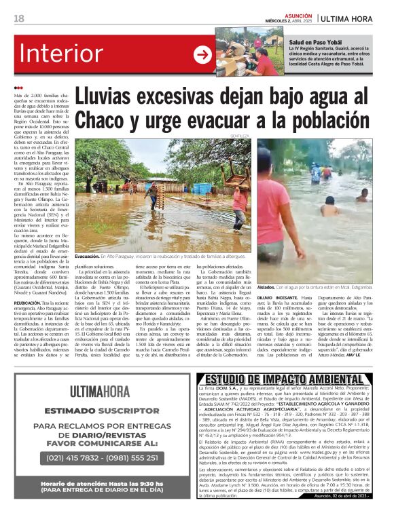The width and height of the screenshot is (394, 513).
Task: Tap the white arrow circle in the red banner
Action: (202, 55)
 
